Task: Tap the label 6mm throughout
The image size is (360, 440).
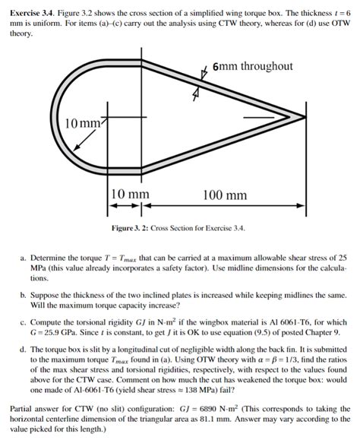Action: pyautogui.click(x=252, y=66)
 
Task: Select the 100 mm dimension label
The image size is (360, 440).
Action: pyautogui.click(x=224, y=195)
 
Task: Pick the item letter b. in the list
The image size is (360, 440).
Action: pyautogui.click(x=24, y=293)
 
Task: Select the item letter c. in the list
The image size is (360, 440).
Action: pyautogui.click(x=24, y=322)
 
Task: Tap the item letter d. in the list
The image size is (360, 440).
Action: pyautogui.click(x=24, y=349)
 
